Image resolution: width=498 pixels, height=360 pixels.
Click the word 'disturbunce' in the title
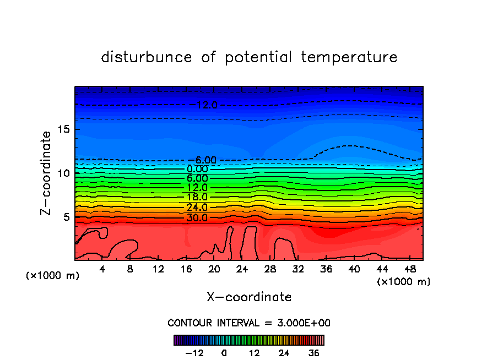[x=146, y=57]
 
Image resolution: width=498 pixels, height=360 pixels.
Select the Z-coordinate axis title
[x=47, y=173]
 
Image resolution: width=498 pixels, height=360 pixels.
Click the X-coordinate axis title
[x=249, y=297]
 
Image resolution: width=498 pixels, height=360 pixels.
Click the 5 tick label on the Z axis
[x=67, y=217]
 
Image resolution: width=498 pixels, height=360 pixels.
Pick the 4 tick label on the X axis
[x=102, y=270]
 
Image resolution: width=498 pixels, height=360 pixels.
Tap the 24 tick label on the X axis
[x=242, y=270]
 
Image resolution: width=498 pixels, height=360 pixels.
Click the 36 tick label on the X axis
[x=326, y=270]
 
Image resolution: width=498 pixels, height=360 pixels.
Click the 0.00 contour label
[x=197, y=169]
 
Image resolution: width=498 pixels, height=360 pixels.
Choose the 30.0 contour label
[x=197, y=217]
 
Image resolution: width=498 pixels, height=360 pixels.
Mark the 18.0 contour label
[x=197, y=197]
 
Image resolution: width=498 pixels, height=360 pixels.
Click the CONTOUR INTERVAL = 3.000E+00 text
[x=249, y=323]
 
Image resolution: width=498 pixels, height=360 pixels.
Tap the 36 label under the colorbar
[x=313, y=353]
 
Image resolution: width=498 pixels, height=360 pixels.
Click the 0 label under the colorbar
[x=224, y=353]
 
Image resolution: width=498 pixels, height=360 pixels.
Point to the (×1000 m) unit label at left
[x=53, y=276]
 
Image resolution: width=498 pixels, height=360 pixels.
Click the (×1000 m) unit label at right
[x=404, y=281]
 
